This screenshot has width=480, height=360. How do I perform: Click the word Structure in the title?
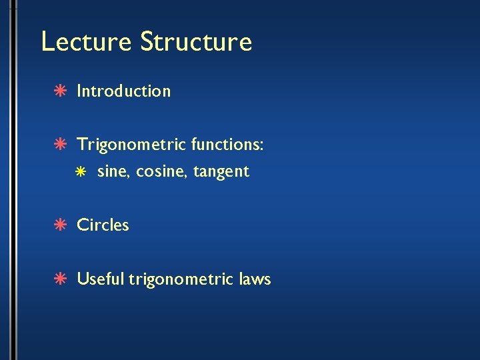click(196, 41)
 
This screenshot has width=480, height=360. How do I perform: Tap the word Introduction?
click(124, 91)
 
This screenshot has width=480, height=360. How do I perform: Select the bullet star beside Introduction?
click(59, 91)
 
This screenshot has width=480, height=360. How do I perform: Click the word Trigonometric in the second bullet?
click(131, 145)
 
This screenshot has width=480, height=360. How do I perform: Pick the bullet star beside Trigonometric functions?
click(59, 145)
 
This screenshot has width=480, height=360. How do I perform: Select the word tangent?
click(221, 172)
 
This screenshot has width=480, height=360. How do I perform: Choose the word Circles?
click(103, 225)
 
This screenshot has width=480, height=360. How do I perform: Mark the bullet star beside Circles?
click(59, 225)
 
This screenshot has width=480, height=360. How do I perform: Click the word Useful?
click(101, 278)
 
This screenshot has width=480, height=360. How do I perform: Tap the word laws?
click(254, 278)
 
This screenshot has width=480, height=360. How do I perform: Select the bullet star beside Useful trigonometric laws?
click(59, 279)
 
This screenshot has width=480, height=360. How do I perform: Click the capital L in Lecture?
click(47, 41)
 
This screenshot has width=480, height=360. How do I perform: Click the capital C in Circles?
click(83, 225)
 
